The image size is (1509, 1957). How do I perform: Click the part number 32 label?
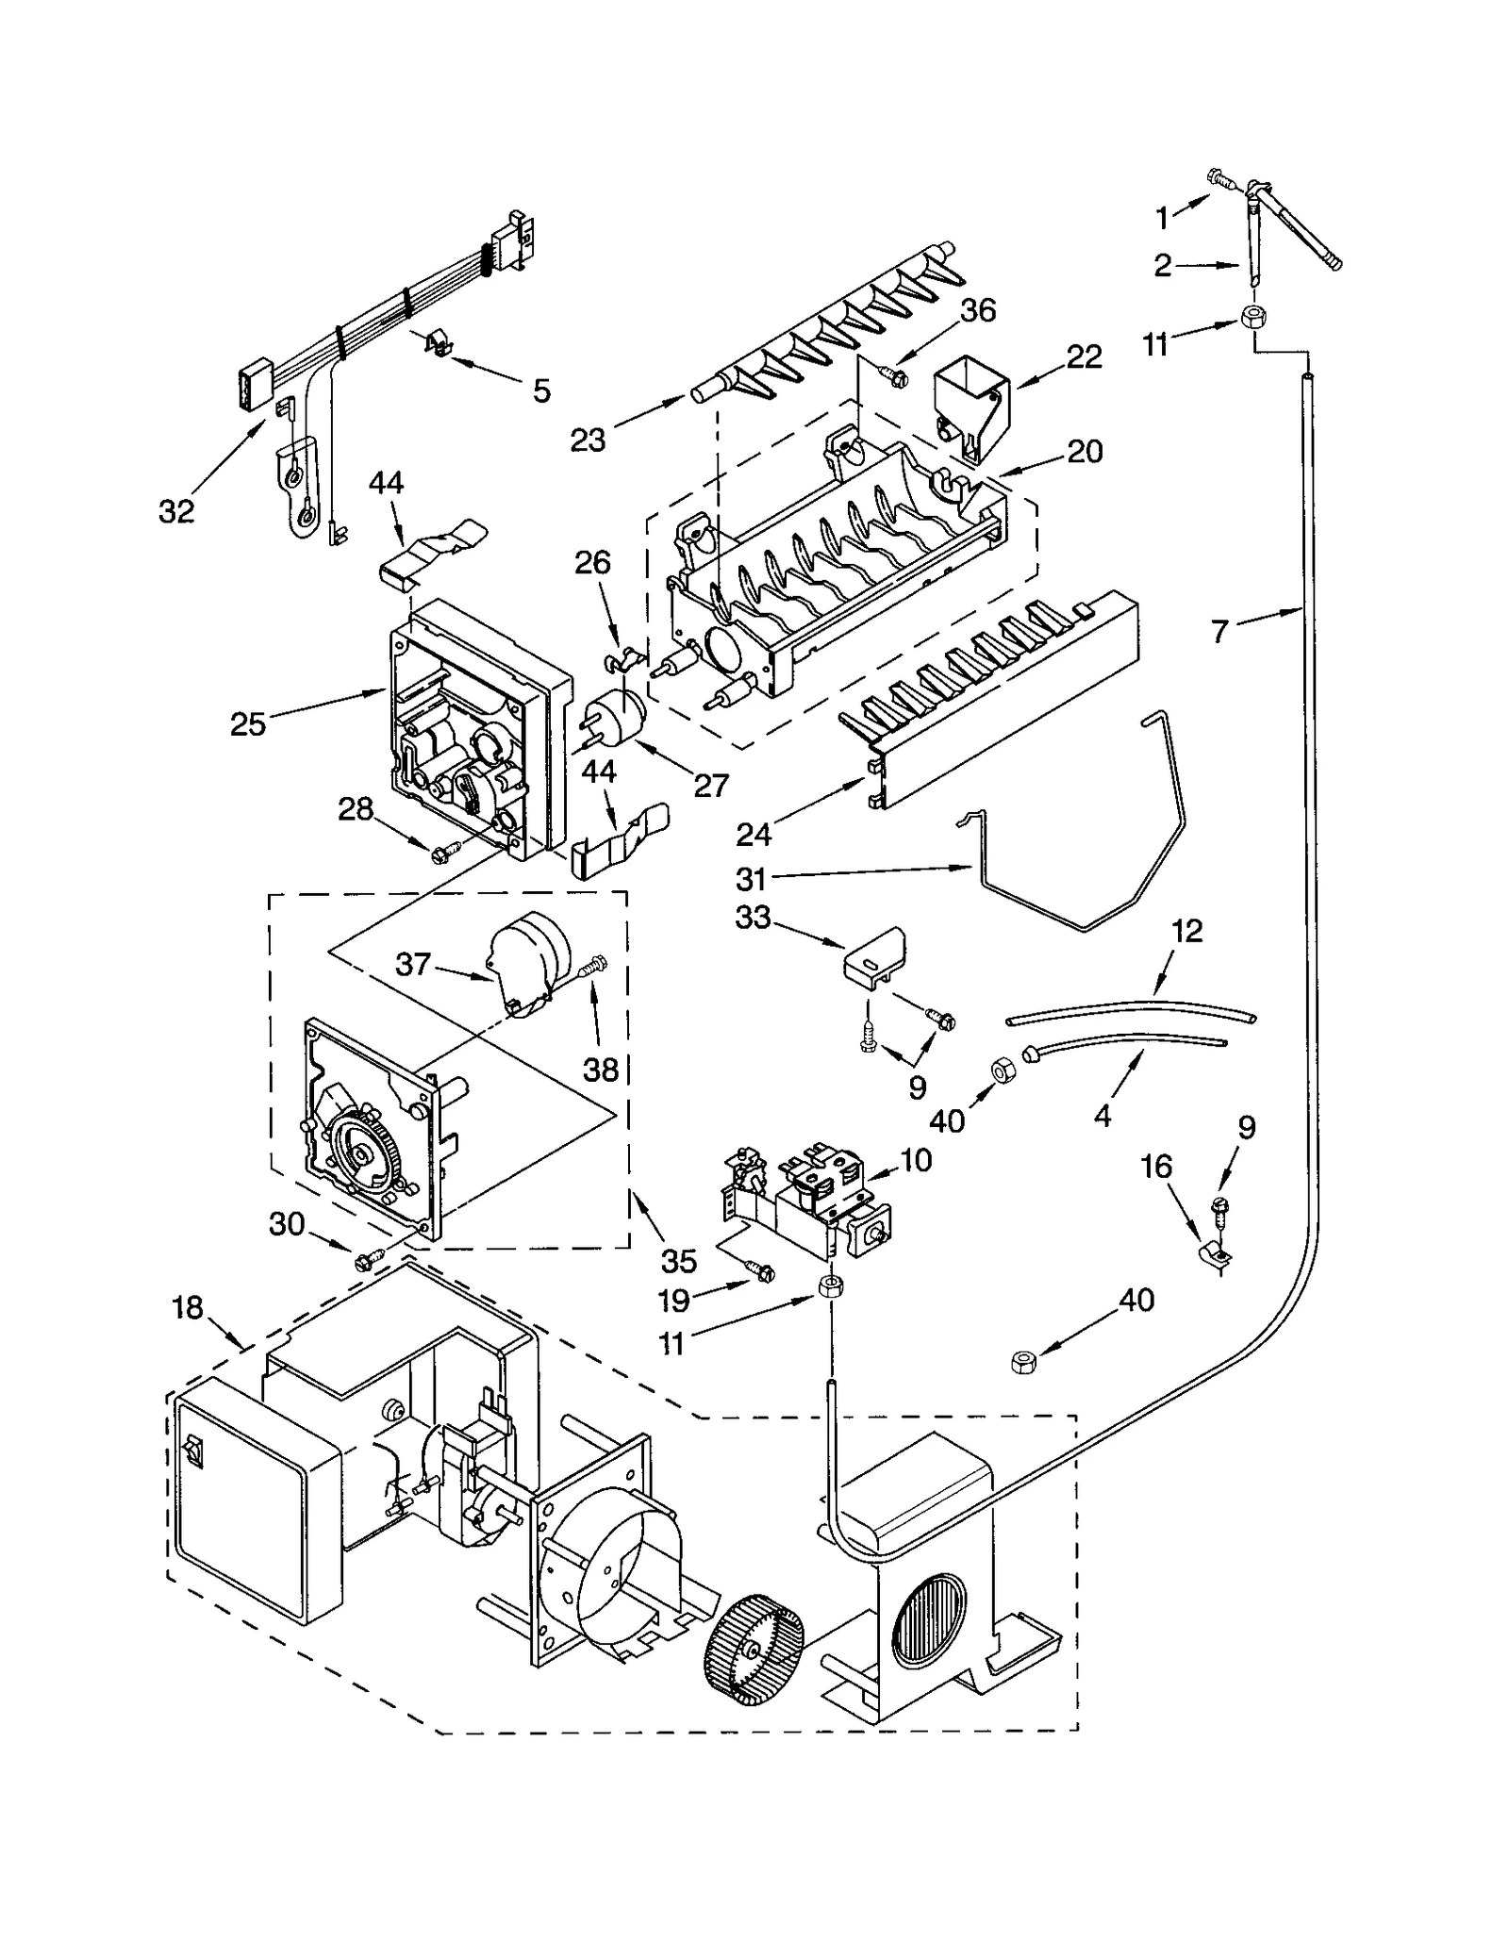click(176, 511)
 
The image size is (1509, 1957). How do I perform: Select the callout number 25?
click(248, 724)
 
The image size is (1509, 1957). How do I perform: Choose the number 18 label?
click(189, 1307)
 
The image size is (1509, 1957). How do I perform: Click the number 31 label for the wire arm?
click(751, 879)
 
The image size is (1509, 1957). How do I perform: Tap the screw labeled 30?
click(366, 1260)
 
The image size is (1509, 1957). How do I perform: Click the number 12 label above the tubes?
click(1187, 931)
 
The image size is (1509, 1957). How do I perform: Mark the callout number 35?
click(678, 1261)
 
